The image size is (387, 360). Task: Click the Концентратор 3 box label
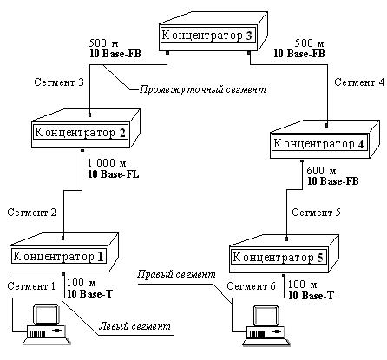pos(207,36)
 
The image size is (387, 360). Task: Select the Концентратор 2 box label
pos(80,133)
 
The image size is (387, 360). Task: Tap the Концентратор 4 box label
pos(318,144)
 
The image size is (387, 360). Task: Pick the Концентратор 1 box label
pos(58,257)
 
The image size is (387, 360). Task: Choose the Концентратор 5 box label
pos(278,257)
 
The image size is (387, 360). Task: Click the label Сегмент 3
pos(59,82)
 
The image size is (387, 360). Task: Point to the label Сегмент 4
pos(359,82)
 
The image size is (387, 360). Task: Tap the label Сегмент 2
pos(32,213)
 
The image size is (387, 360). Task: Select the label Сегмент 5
pos(316,213)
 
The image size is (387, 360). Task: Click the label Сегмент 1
pos(31,286)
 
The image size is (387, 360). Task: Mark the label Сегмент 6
pos(251,286)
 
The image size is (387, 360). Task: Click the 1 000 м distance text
pos(107,163)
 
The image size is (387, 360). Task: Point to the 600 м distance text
pos(321,171)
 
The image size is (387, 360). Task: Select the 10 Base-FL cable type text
pos(114,174)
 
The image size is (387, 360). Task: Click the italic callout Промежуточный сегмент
pos(203,89)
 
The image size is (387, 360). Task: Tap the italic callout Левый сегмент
pos(134,326)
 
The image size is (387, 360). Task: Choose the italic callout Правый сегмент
pos(176,274)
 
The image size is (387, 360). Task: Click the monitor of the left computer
pos(47,315)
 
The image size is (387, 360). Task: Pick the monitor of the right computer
pos(266,316)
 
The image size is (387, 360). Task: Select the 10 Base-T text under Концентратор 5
pos(311,296)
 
